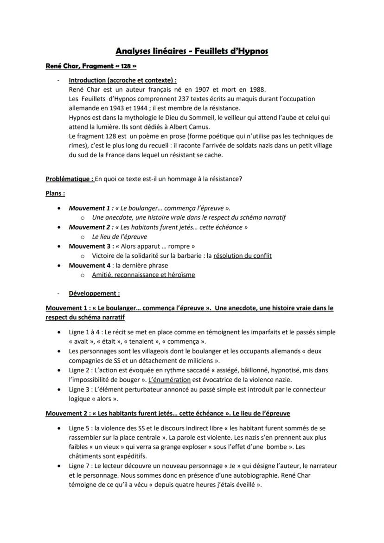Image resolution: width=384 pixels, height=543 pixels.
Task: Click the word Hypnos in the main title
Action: click(253, 51)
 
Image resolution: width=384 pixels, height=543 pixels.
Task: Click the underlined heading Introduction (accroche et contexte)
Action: click(122, 80)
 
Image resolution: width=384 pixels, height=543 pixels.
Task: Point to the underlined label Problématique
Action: click(70, 179)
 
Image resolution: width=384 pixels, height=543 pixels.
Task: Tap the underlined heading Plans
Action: click(55, 193)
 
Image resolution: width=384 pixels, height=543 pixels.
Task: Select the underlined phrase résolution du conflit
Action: click(242, 256)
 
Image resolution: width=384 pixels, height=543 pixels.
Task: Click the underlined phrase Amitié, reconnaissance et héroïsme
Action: click(143, 275)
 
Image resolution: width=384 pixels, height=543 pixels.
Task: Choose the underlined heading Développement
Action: click(94, 294)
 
